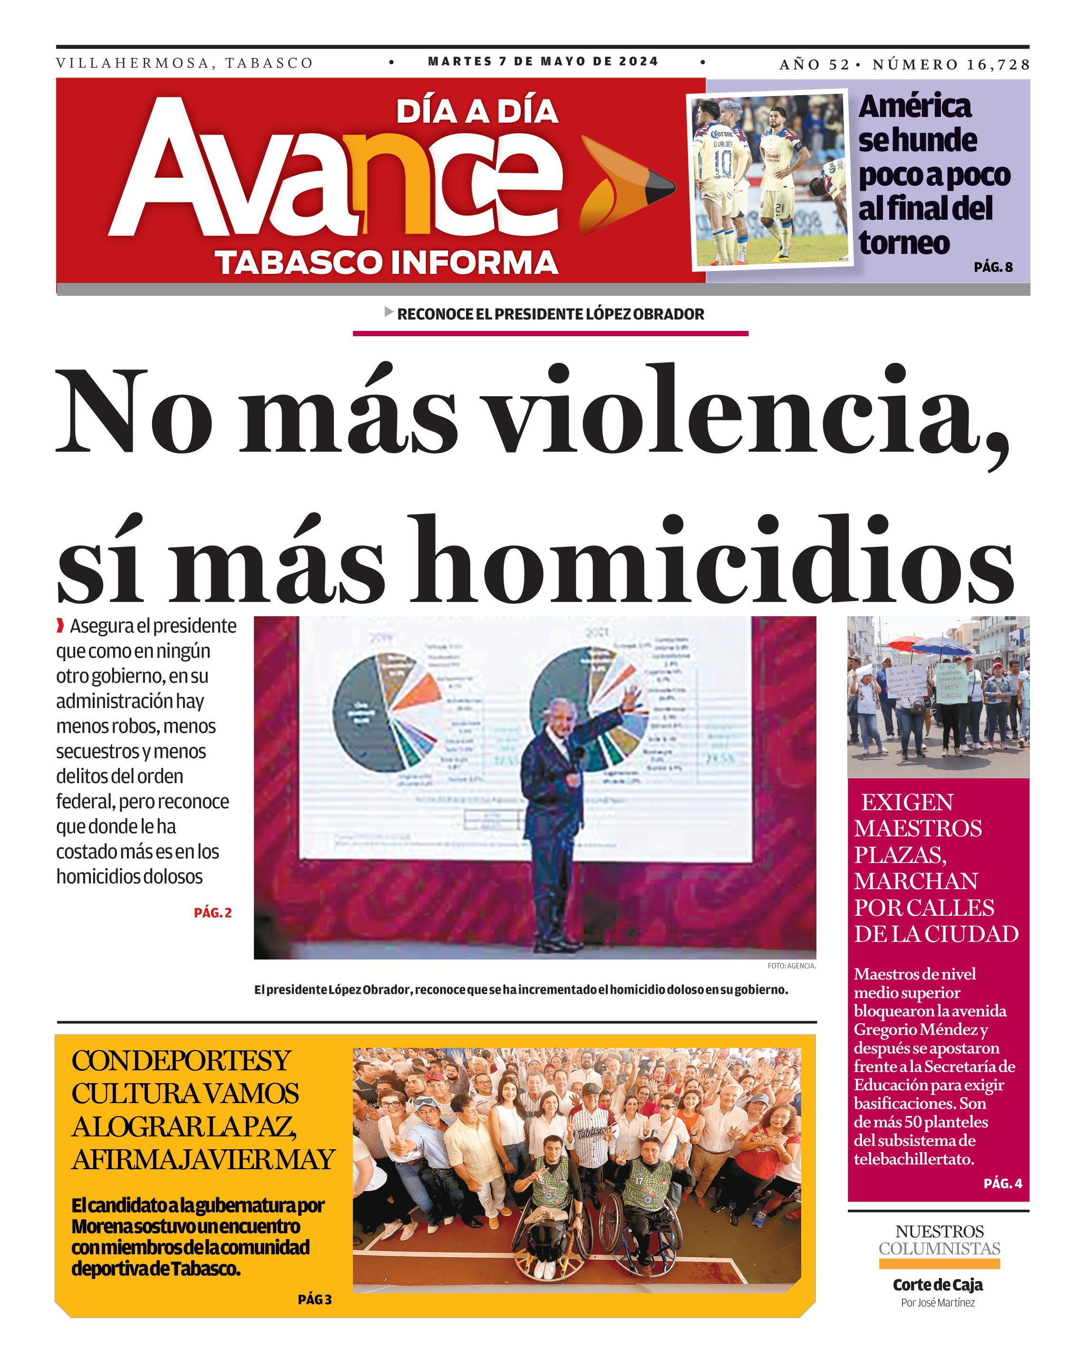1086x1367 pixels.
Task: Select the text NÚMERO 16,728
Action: (x=950, y=65)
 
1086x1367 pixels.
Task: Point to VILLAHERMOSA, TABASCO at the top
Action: (x=184, y=63)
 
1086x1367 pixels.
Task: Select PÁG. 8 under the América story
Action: (x=993, y=267)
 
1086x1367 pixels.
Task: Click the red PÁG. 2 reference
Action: (x=213, y=913)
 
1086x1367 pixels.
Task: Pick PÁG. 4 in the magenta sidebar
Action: (x=1002, y=1183)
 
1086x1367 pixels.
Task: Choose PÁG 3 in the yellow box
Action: (x=314, y=1299)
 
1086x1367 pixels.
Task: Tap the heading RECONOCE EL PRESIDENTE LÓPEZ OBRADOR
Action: (x=550, y=314)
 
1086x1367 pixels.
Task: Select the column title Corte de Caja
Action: (x=938, y=1285)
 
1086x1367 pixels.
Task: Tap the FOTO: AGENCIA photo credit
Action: (x=791, y=966)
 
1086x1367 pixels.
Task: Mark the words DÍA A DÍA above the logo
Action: (x=477, y=112)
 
